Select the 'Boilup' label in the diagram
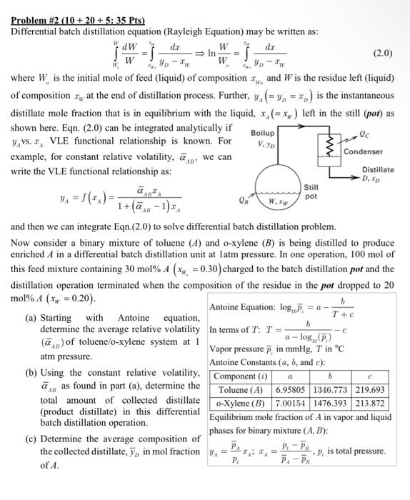(x=264, y=133)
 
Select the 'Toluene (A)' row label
(x=241, y=389)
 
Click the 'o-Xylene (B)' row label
(x=241, y=403)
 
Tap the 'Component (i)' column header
(x=240, y=376)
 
